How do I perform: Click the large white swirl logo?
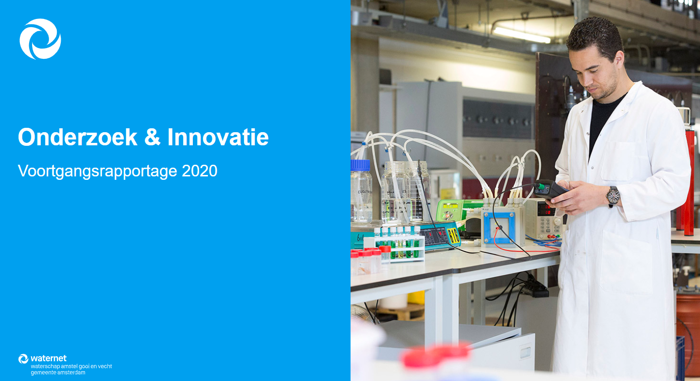(40, 39)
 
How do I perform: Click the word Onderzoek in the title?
(78, 137)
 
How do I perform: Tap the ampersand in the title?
(153, 137)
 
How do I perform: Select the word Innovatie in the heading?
(218, 137)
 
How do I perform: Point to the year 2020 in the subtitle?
(199, 171)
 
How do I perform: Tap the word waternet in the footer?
(49, 358)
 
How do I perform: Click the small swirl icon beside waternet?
(23, 359)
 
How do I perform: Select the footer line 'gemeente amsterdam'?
(58, 373)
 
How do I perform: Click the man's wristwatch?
(613, 196)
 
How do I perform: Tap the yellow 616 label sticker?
(454, 236)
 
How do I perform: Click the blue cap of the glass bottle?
(360, 165)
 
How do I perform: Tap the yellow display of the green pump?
(450, 206)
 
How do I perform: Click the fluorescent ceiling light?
(522, 35)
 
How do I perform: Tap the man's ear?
(620, 60)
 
